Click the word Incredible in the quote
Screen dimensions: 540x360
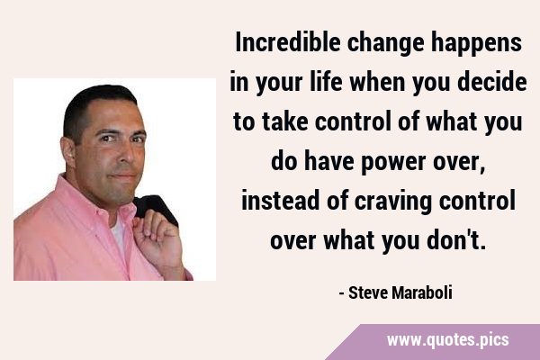click(x=288, y=42)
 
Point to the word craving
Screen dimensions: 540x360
click(x=393, y=202)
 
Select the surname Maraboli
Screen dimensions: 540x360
click(x=422, y=293)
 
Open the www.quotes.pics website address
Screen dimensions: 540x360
click(x=447, y=340)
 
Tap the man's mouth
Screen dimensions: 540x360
click(x=124, y=177)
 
